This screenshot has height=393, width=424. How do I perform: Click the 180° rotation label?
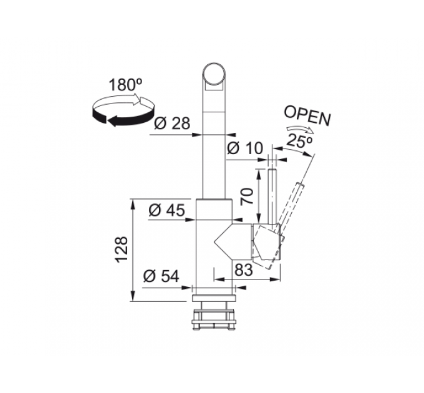pos(126,85)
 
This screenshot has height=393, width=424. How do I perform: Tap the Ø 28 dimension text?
pos(172,124)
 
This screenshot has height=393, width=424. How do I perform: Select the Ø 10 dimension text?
pos(245,148)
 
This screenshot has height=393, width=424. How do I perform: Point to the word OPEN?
pos(307,115)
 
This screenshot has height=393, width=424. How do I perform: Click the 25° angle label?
pos(299,140)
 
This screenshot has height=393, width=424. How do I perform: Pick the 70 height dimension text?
pos(247,196)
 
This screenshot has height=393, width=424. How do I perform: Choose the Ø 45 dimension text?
pos(167,210)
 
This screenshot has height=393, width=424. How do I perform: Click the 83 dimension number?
pos(244,269)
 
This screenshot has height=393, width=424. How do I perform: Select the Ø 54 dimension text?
pos(161,276)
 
